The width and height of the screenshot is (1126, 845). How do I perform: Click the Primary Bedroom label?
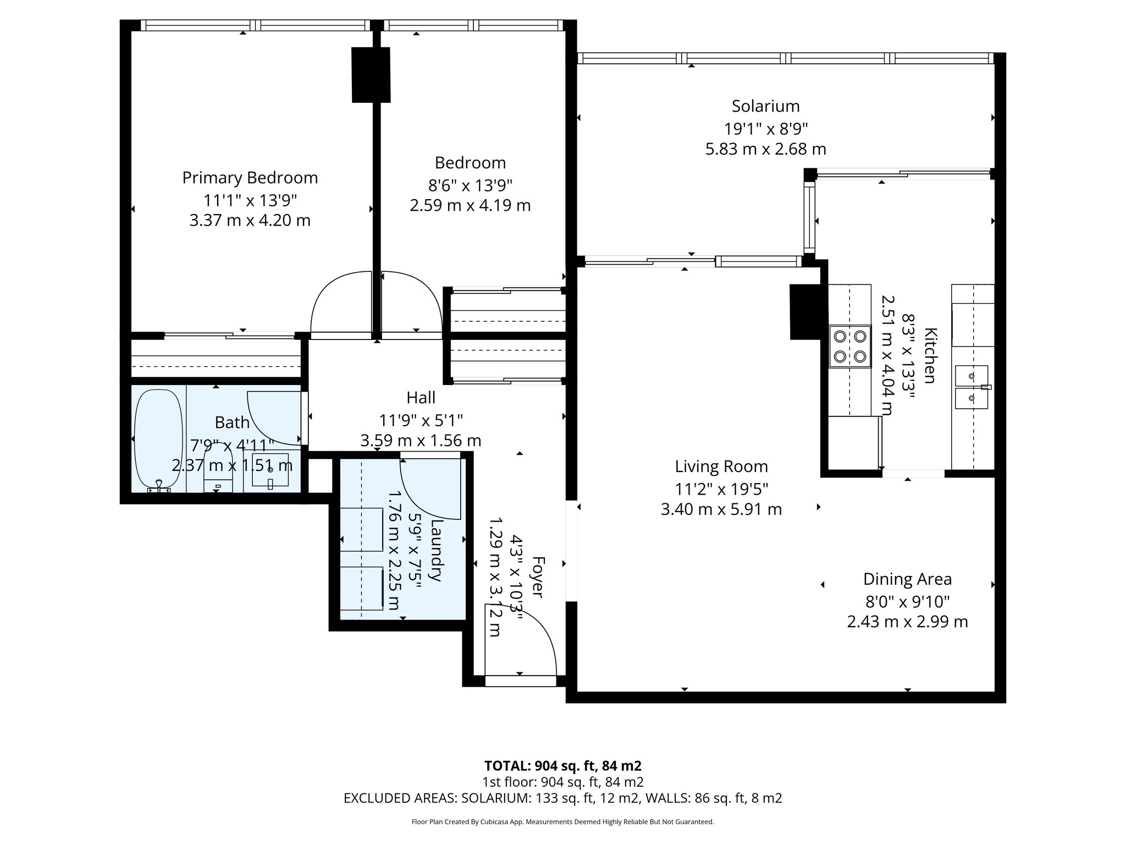[x=250, y=178]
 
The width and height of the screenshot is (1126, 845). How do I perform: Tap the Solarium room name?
[x=765, y=106]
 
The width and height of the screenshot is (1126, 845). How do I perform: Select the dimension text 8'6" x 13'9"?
[x=470, y=184]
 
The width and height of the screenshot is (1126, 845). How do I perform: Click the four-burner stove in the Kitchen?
[x=850, y=346]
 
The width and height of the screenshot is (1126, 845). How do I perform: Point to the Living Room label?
[x=721, y=467]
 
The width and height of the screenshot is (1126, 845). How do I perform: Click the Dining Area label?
[x=907, y=579]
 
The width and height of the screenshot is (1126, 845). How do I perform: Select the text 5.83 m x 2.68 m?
[x=765, y=149]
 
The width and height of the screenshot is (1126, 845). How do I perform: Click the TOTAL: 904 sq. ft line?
[x=562, y=766]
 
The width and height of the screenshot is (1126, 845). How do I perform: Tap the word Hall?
[x=421, y=397]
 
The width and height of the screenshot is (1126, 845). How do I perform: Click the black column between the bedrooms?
[x=371, y=75]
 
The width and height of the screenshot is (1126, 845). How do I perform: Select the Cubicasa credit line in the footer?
[x=562, y=822]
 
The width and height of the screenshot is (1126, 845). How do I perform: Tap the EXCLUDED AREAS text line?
[x=562, y=798]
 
